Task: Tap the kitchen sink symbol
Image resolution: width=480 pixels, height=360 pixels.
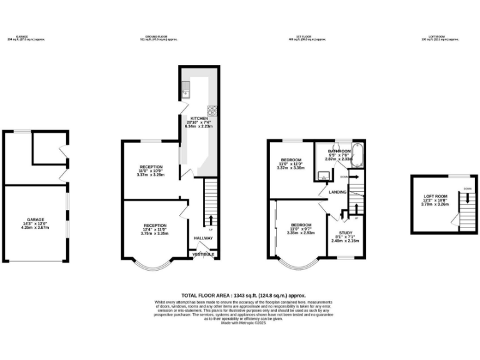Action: tap(186, 94)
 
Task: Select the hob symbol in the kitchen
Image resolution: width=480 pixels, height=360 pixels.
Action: tap(212, 111)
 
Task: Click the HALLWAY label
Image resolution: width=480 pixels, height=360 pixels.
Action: tap(203, 238)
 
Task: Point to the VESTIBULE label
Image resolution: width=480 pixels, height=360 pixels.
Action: tap(203, 255)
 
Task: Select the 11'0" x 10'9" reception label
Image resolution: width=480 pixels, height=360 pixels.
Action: tap(150, 171)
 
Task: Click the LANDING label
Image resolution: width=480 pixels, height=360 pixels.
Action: tap(338, 192)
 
